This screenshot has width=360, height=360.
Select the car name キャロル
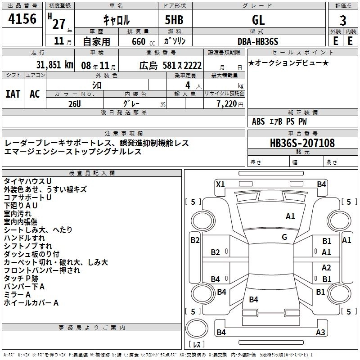(x=117, y=20)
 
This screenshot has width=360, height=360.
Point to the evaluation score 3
(x=343, y=21)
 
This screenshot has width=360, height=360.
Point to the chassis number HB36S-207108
(x=302, y=143)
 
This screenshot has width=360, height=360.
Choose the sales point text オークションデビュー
(x=288, y=63)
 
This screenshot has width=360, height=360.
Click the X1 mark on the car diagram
(x=220, y=184)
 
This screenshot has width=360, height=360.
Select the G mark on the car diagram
(x=284, y=237)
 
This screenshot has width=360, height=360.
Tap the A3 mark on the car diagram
(x=320, y=333)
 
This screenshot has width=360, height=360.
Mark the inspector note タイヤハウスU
(x=27, y=181)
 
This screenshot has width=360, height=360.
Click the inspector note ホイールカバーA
(x=31, y=303)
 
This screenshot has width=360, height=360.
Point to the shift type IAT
(x=13, y=94)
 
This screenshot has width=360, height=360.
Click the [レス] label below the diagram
(x=197, y=345)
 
